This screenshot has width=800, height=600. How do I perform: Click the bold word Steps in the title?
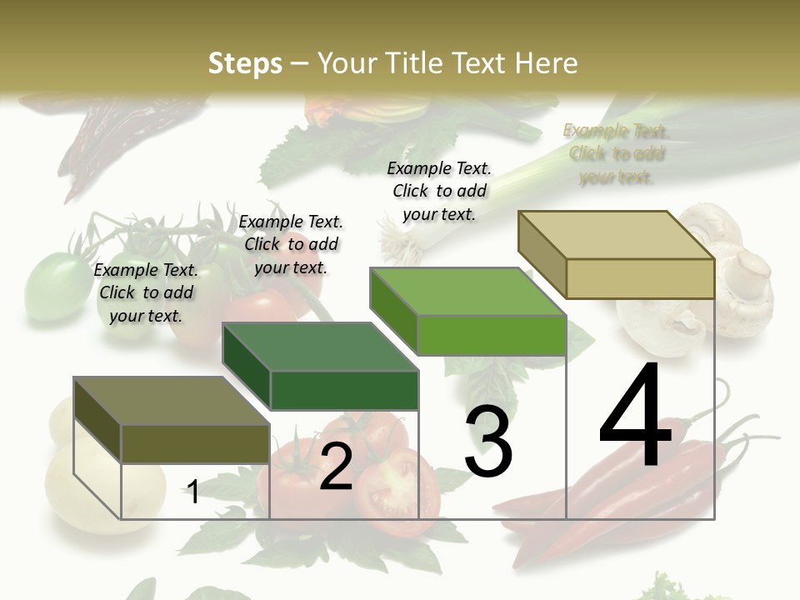coord(245,63)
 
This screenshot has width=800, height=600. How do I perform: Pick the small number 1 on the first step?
coord(193,492)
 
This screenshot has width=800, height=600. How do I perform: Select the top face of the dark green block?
coord(320,347)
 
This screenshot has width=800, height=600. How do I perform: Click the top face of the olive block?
coord(172,401)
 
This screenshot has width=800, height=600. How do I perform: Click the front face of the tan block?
coord(640,278)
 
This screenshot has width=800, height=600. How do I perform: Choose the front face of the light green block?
coord(492,335)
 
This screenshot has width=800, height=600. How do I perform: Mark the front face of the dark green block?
coord(344,390)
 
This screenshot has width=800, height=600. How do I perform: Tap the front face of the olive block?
coord(195,443)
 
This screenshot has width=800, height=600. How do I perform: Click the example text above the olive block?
coord(146,292)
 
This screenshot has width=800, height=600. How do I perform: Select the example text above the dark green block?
coord(291,244)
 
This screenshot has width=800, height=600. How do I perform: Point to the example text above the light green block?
coord(439,191)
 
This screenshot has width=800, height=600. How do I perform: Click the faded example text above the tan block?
coord(617,153)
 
